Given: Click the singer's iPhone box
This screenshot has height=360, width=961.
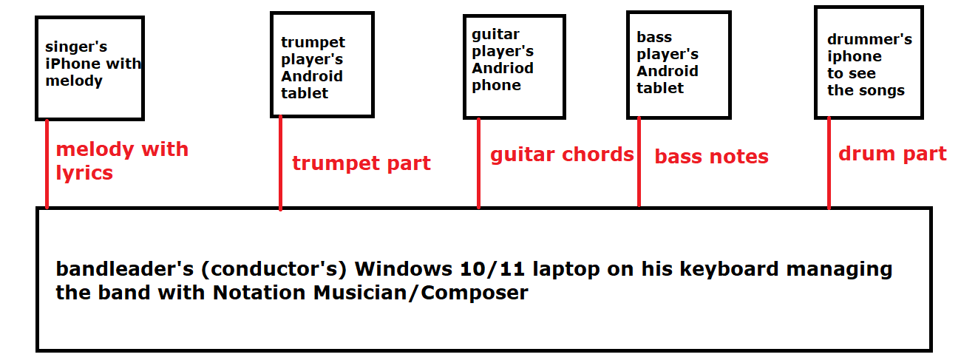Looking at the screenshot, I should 89,67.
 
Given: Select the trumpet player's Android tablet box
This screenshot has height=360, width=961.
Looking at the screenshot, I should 322,64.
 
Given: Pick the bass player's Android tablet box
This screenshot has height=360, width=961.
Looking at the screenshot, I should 678,64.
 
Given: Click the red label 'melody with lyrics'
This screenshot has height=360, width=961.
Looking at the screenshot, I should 121,161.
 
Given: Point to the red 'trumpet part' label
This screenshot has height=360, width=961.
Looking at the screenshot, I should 361,163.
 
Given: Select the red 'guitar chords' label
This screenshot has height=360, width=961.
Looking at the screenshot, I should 562,154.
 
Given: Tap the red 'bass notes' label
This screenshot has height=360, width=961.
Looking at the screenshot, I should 711,157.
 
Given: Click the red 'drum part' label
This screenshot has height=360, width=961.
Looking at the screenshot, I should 892,154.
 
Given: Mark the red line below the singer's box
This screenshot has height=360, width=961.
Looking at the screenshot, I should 47,163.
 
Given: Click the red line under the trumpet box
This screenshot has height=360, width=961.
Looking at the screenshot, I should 280,163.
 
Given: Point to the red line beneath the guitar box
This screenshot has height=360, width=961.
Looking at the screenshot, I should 478,163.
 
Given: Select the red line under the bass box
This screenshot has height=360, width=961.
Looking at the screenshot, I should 639,162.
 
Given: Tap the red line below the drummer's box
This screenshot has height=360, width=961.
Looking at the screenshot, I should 829,163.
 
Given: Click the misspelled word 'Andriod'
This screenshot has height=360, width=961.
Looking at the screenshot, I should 503,68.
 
